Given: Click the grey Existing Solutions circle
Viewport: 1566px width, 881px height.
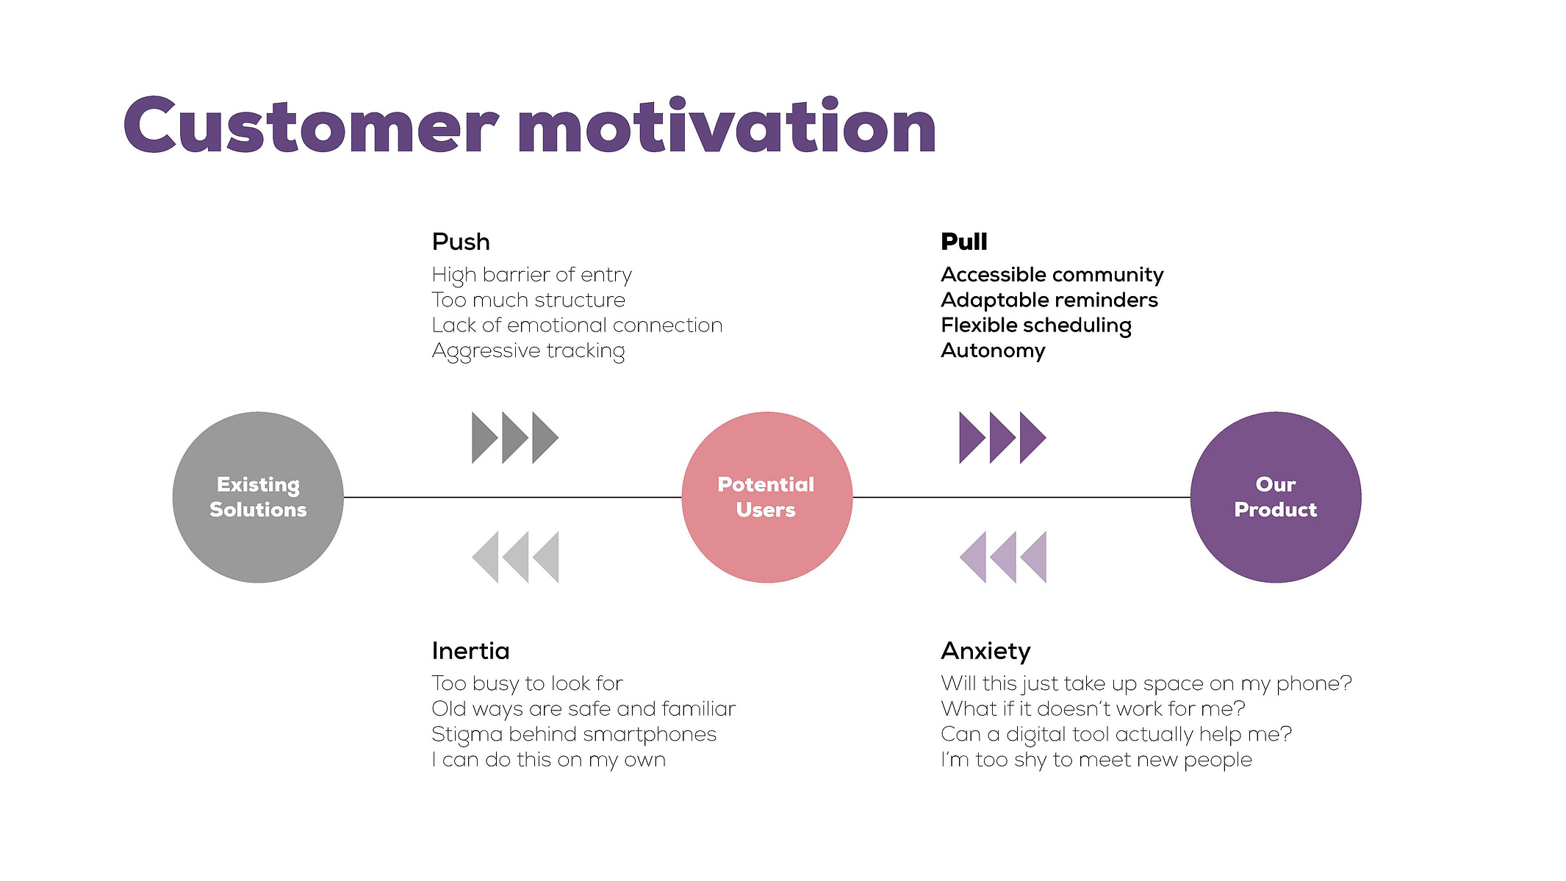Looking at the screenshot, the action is coord(258,497).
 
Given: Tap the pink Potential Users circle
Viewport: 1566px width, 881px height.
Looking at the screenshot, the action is coord(766,497).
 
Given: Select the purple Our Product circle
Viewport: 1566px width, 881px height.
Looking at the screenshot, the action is coord(1276,497).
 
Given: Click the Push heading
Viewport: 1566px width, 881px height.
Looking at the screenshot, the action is coord(461,242).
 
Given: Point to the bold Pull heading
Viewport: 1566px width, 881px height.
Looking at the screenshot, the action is coord(964,242).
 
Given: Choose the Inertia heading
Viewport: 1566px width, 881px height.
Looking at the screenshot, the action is coord(470,651).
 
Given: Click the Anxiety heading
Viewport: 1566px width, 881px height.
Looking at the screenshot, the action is coord(985,652).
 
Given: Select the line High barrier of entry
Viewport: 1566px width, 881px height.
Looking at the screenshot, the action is coord(531,276).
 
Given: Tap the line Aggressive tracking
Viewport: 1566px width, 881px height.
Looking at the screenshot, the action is coord(528,351).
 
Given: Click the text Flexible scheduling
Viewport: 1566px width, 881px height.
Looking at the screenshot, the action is coord(1036,326).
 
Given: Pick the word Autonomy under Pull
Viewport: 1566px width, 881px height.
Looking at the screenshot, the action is coord(993,350).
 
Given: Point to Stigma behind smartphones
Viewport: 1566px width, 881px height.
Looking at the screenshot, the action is coord(574,735).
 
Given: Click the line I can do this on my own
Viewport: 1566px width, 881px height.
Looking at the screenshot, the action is coord(549,760).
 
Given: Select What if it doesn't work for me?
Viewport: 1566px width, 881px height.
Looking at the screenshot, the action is coord(1093,709).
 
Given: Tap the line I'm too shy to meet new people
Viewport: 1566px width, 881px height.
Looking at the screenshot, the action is coord(1096,760).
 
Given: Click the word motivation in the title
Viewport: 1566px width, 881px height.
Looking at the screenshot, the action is coord(727,126).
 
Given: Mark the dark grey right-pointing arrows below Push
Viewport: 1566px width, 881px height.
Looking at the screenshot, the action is coord(515,438).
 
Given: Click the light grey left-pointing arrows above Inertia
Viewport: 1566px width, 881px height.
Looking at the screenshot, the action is coord(515,557).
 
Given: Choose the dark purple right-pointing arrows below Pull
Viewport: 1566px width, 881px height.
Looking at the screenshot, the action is coord(1002,438).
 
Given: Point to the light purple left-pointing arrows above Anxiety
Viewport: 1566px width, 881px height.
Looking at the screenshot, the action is coord(1002,557).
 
